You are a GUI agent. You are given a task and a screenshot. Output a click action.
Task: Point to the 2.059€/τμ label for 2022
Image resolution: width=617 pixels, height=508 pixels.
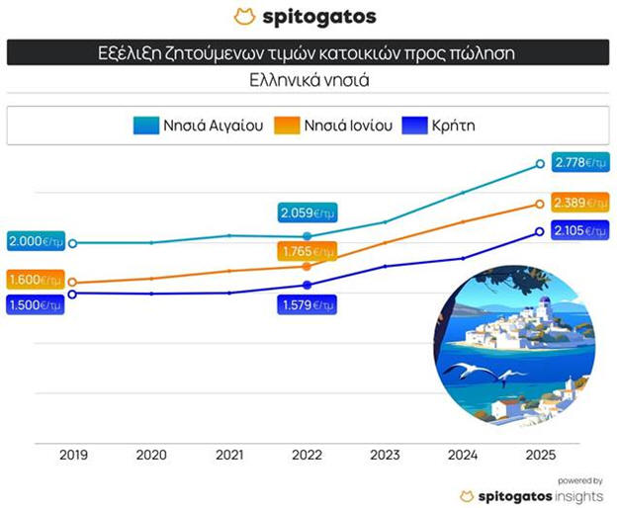(x=308, y=212)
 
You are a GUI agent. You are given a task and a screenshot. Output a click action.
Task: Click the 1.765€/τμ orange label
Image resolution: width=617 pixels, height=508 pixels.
(x=308, y=252)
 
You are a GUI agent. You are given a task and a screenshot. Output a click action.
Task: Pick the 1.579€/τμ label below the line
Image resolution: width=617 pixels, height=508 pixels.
(x=308, y=304)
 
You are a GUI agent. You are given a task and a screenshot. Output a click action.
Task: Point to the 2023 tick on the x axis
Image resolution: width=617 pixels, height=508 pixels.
(x=384, y=455)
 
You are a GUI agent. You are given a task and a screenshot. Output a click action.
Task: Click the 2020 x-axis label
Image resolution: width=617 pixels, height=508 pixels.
(x=151, y=455)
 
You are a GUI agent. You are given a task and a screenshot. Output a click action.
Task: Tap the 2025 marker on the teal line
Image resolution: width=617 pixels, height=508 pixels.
(x=540, y=164)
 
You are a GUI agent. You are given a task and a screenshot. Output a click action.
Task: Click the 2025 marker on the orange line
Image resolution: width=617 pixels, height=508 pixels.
(x=540, y=205)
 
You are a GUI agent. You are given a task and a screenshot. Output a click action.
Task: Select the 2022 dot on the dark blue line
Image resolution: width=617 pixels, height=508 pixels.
(x=307, y=285)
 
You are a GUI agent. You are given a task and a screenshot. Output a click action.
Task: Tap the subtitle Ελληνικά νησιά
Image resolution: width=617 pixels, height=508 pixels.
(x=308, y=80)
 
